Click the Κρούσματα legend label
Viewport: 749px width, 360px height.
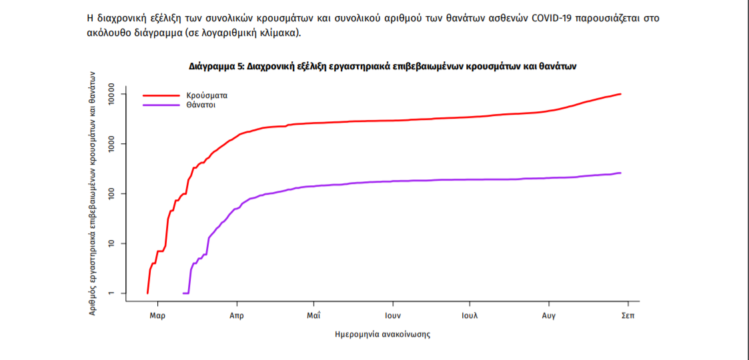[207, 95]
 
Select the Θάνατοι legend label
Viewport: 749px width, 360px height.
[203, 105]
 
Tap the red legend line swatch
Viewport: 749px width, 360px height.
[161, 95]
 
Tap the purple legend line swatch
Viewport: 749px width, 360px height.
[161, 105]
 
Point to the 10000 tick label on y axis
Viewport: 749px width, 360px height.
[112, 94]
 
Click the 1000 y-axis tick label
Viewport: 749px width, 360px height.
[112, 143]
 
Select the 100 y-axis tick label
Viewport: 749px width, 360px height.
[112, 193]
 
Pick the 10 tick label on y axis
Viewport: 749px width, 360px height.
[112, 243]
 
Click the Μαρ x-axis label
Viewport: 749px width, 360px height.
[157, 315]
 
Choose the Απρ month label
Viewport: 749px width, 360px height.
[236, 315]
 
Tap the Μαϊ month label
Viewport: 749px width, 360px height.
[313, 315]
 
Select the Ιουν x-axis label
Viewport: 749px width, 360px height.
[392, 315]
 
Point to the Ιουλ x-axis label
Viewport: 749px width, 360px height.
[470, 315]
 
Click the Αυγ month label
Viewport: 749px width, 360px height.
[549, 315]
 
